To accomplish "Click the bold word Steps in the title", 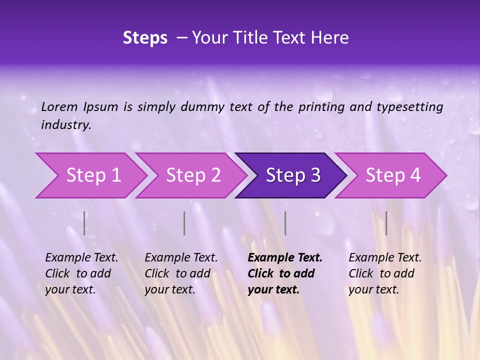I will tap(145, 38).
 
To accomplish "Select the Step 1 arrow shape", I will tap(90, 175).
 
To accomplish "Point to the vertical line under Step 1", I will tap(84, 223).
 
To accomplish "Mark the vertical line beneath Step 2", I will tap(184, 223).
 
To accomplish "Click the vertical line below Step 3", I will tap(285, 223).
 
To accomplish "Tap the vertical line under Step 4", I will tap(386, 223).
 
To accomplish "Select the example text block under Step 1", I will tap(81, 273).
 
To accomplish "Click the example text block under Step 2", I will tap(181, 273).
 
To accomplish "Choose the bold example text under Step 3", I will tap(284, 273).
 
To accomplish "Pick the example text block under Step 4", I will tap(385, 273).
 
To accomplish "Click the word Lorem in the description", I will tap(59, 107).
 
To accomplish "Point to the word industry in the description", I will tap(65, 125).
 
